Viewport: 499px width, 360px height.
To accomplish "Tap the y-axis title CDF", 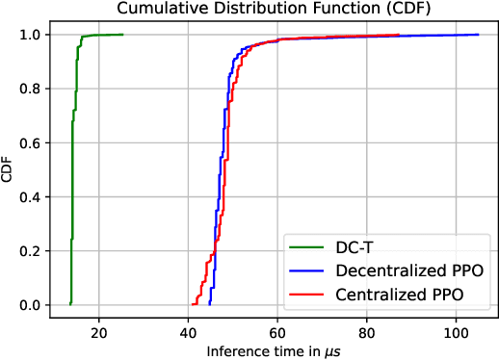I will (10, 169).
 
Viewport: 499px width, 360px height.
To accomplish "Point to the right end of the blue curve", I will (479, 35).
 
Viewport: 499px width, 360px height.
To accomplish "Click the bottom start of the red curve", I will (189, 304).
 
